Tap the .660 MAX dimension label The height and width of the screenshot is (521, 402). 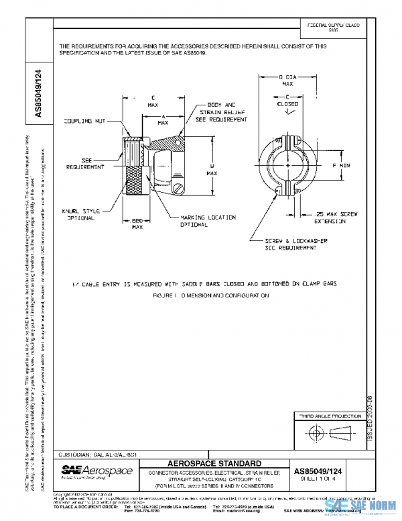pyautogui.click(x=137, y=224)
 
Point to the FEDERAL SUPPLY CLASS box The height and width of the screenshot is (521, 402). pyautogui.click(x=333, y=27)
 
